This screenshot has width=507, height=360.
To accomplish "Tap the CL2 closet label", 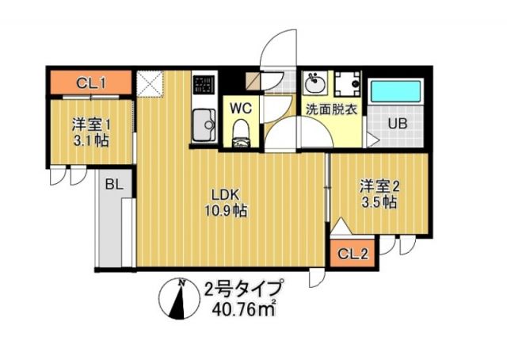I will [353, 254].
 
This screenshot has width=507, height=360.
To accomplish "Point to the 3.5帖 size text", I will [379, 203].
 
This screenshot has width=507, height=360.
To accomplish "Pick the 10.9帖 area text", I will [225, 212].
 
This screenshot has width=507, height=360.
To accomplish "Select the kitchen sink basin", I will [205, 125].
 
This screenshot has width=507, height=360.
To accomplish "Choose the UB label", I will [398, 124].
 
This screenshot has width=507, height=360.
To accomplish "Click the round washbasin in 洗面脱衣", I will [314, 82].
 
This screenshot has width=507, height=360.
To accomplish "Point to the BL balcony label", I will [113, 184].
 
